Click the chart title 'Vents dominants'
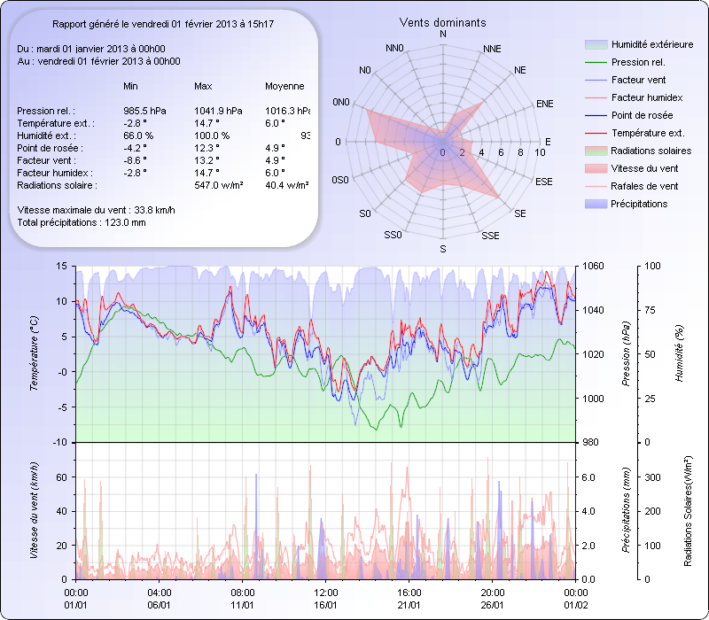tap(442, 22)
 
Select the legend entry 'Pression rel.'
tap(638, 62)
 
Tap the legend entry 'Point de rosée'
tap(642, 115)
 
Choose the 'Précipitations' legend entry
tap(639, 204)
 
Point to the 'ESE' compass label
tap(545, 181)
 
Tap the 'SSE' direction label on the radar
tap(489, 236)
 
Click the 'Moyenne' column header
tap(284, 86)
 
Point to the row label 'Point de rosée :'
tap(51, 148)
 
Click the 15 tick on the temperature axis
tap(61, 266)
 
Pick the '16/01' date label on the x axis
tap(326, 604)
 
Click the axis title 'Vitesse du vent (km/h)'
tap(34, 511)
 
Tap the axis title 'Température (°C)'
tap(34, 354)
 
